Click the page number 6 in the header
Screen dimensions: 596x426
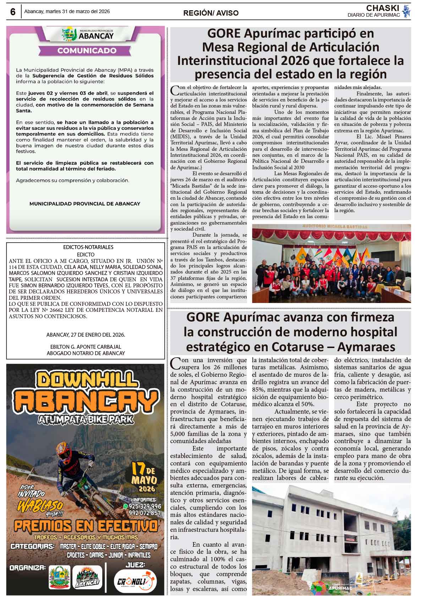point(13,12)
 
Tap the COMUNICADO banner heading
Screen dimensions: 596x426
point(87,51)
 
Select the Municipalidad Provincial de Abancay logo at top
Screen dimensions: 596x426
point(87,34)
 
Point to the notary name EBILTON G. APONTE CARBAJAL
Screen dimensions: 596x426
point(86,347)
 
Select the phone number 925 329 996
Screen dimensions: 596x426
point(145,506)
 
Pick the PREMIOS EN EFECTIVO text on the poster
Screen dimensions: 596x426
point(85,526)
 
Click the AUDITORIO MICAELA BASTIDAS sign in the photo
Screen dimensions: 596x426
point(329,226)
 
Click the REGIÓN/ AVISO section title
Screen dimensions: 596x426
point(211,13)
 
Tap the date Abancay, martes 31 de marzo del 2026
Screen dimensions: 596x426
point(67,11)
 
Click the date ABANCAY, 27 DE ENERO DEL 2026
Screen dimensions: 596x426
point(86,335)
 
